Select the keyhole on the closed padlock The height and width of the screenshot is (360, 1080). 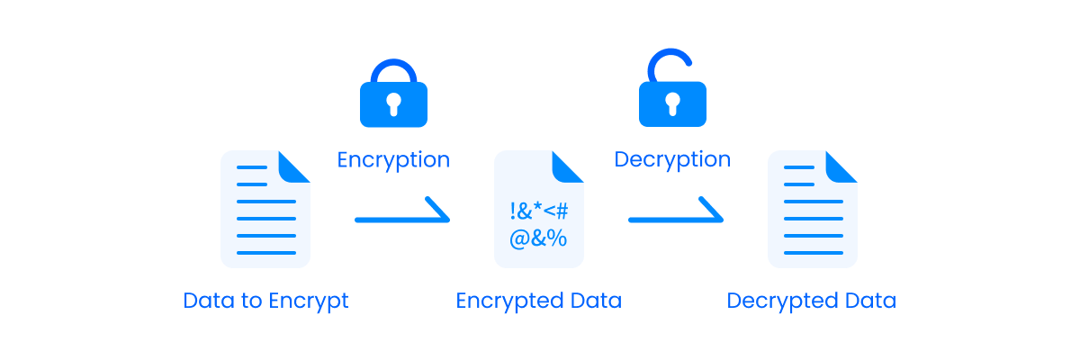click(393, 105)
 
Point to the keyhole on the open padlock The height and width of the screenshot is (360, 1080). click(672, 105)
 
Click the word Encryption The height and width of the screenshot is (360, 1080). click(393, 160)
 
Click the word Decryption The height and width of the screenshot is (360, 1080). click(672, 160)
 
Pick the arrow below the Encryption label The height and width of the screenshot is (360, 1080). click(402, 216)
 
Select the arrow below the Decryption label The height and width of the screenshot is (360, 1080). click(676, 216)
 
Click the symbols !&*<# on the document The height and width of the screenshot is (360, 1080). click(538, 212)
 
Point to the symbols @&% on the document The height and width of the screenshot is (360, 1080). click(538, 239)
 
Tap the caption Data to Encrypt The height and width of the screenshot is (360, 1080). click(265, 301)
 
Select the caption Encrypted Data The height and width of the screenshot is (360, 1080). click(538, 301)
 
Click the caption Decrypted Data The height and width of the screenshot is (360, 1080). click(812, 301)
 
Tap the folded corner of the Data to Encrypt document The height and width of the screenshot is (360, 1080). click(294, 166)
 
